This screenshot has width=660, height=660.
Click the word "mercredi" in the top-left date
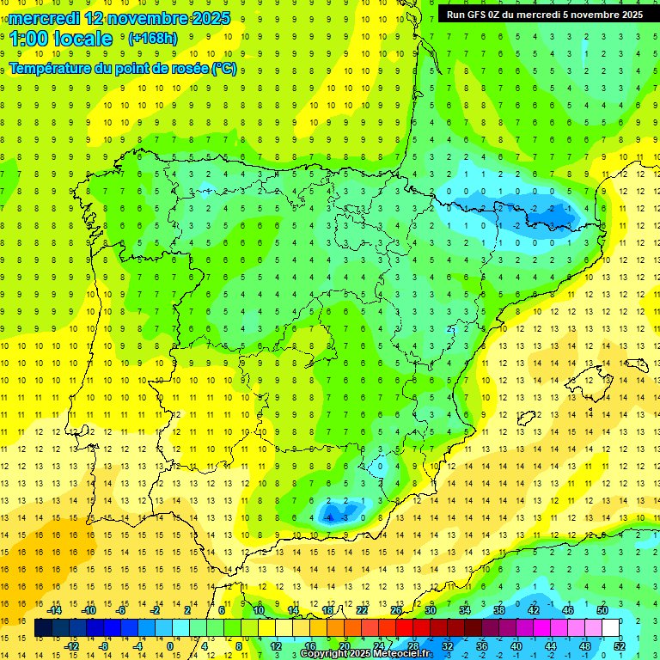pyautogui.click(x=45, y=18)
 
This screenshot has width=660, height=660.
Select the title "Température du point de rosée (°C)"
pyautogui.click(x=123, y=69)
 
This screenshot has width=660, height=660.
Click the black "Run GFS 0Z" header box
pyautogui.click(x=544, y=14)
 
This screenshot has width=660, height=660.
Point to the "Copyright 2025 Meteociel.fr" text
pyautogui.click(x=366, y=654)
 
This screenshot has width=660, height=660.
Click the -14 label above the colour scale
pyautogui.click(x=56, y=610)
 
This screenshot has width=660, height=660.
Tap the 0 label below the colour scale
pyautogui.click(x=170, y=646)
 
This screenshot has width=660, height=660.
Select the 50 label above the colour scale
pyautogui.click(x=602, y=610)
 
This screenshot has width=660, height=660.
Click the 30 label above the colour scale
pyautogui.click(x=430, y=610)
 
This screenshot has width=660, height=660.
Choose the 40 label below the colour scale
pyautogui.click(x=516, y=646)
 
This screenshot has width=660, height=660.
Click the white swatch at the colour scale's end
pyautogui.click(x=610, y=628)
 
